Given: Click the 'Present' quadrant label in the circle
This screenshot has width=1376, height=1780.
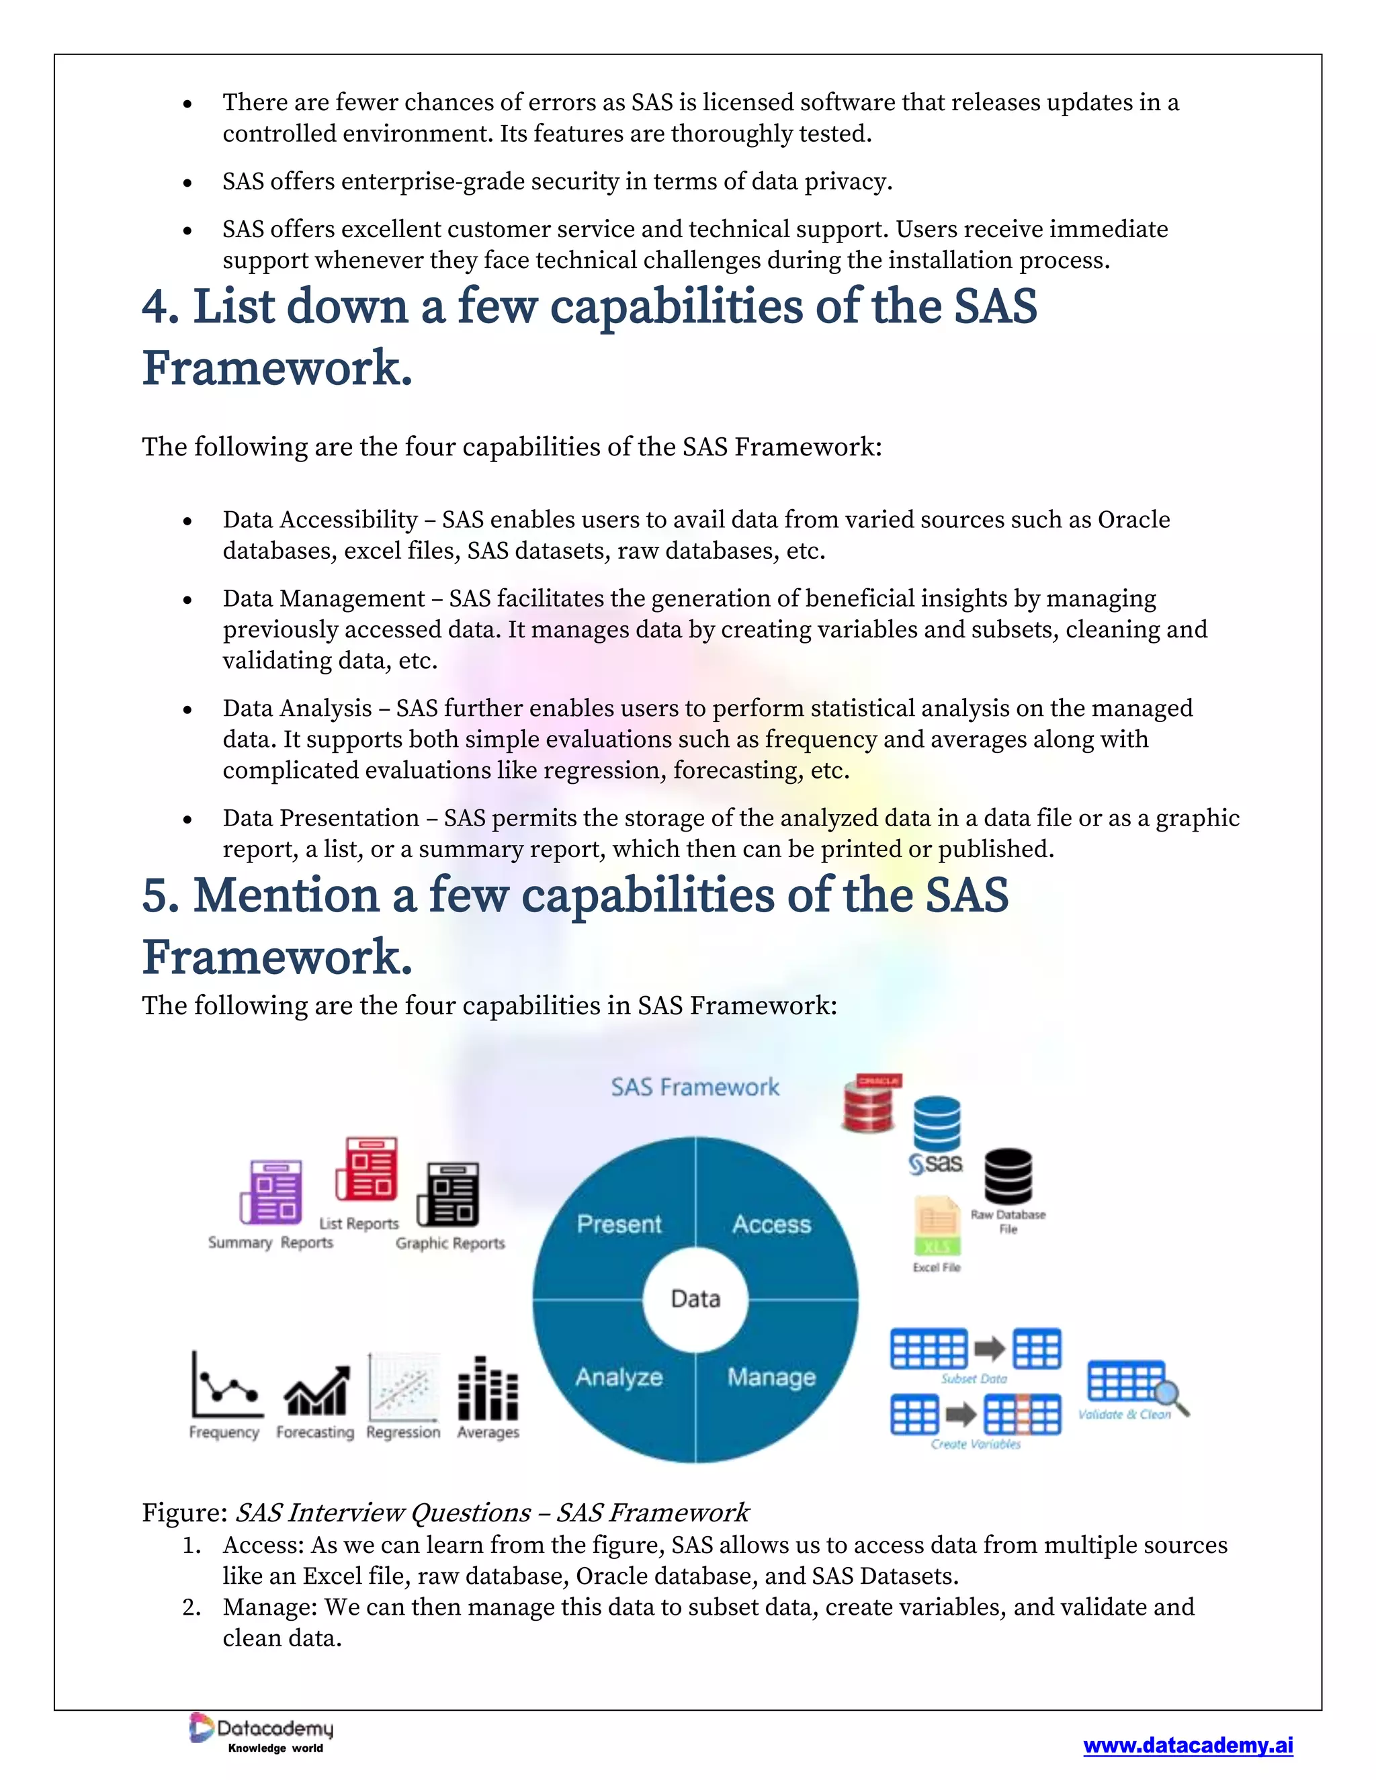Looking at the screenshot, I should [619, 1224].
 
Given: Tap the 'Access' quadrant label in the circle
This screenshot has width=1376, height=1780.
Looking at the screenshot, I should [771, 1224].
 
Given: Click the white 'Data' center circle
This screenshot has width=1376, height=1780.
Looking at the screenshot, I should [695, 1298].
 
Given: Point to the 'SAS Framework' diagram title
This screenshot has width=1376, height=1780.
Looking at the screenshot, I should [695, 1087].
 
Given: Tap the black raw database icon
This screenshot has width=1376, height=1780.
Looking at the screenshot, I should [1008, 1177].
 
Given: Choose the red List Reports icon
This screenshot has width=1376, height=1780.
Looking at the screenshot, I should [367, 1169].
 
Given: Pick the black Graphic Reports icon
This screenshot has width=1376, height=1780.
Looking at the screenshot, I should [448, 1195].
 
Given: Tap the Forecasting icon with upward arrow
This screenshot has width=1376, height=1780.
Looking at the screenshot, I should [317, 1391].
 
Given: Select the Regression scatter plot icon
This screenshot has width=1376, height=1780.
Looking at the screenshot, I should [404, 1387].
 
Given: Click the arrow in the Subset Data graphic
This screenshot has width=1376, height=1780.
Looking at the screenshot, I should [990, 1349].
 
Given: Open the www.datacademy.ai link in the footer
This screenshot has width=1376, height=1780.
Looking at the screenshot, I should [1188, 1745].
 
